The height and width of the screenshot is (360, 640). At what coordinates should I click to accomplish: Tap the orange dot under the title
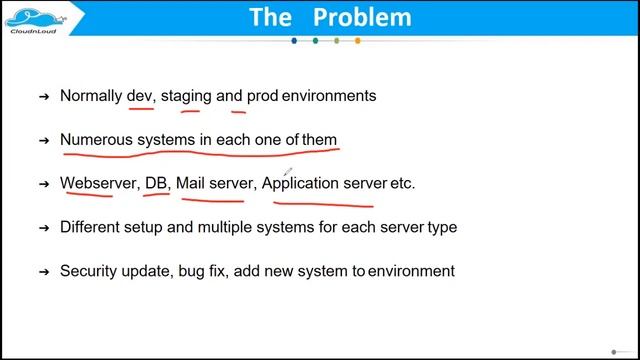(358, 41)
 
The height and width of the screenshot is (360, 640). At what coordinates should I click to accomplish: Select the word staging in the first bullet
(186, 96)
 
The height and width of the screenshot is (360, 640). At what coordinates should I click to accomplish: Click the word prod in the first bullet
(263, 96)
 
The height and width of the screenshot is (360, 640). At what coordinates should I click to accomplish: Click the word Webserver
(98, 183)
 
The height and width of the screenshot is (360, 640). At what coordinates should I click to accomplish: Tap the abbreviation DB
(157, 183)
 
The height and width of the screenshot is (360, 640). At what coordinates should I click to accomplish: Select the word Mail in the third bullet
(193, 183)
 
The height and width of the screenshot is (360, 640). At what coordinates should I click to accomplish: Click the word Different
(92, 227)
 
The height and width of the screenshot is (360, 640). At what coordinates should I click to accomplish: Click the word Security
(90, 271)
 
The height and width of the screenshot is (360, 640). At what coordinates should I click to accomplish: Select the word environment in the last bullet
(411, 271)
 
